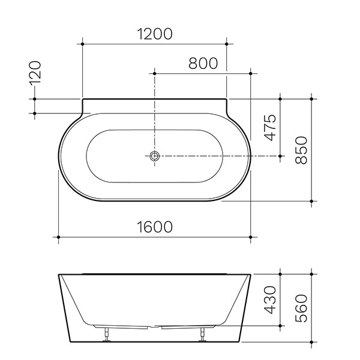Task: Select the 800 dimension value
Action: (x=203, y=62)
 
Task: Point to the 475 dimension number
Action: (x=270, y=127)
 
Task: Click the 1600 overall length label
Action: (x=154, y=227)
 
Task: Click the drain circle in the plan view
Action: (x=155, y=155)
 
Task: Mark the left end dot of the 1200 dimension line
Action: (x=82, y=43)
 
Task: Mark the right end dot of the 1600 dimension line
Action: (x=251, y=238)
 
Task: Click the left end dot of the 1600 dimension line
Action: (x=58, y=238)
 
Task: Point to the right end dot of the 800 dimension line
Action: (x=251, y=73)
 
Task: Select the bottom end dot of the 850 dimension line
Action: (x=311, y=202)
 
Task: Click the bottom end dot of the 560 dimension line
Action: (x=311, y=343)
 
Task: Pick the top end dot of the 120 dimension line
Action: (x=35, y=98)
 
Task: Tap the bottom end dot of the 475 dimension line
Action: (x=280, y=155)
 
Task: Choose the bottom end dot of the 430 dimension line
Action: (x=280, y=328)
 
